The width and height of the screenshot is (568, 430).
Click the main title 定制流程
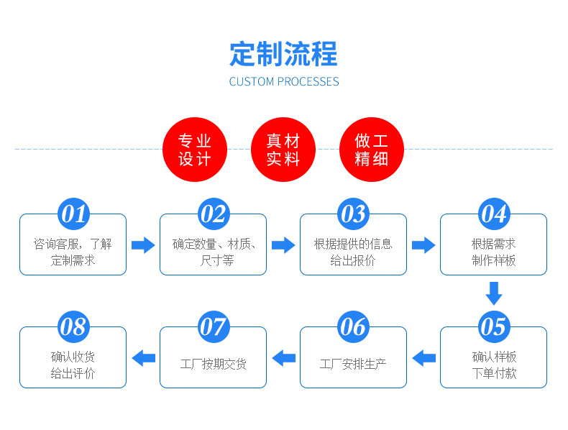coord(283,54)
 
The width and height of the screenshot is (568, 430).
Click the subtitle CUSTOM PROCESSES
coord(283,81)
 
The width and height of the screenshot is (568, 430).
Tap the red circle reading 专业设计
coord(195,150)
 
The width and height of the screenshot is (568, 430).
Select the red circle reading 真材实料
coord(283,150)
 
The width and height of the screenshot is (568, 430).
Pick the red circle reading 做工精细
coord(371,150)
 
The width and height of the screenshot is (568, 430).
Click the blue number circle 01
coord(73,214)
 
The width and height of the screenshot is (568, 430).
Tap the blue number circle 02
coord(213,214)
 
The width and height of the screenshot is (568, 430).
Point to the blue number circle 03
coord(353,214)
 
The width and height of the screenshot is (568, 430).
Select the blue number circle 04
coord(493,214)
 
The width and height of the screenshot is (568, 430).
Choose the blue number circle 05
coord(493,327)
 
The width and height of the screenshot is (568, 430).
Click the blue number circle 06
coord(353,327)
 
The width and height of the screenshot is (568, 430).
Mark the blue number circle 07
coord(213,327)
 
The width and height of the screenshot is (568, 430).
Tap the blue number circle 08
coord(73,327)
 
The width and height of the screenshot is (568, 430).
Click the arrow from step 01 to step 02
coord(143,245)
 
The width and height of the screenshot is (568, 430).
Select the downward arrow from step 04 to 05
coord(493,293)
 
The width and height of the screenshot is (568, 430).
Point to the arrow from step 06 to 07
coord(283,357)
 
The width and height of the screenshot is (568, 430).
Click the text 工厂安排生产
coord(353,365)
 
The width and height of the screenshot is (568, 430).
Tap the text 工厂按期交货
coord(213,365)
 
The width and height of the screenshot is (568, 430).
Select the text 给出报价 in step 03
coord(353,261)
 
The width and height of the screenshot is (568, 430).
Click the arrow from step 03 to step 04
coord(423,245)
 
